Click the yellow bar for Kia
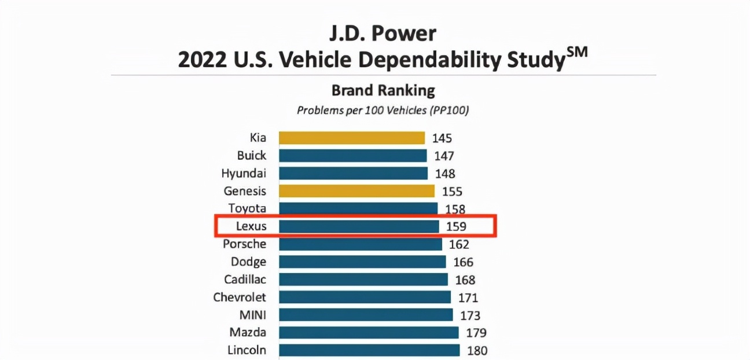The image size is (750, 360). (352, 138)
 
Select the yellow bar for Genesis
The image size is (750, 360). (356, 191)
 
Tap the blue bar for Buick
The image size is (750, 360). (352, 156)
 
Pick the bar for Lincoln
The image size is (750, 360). (369, 350)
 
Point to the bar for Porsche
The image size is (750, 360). (361, 244)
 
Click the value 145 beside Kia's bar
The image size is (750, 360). (442, 138)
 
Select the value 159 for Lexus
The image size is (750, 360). (456, 226)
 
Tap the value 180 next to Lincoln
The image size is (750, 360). (477, 350)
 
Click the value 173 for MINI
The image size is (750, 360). (469, 315)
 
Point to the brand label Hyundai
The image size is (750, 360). (244, 173)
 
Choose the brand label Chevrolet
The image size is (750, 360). (240, 297)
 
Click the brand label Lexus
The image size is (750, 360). (252, 226)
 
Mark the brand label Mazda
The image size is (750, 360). (248, 333)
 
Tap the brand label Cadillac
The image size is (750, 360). (245, 280)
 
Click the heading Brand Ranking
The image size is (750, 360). (383, 90)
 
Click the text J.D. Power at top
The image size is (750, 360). (383, 34)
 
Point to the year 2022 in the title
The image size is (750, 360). (203, 60)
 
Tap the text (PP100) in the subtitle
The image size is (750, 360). (448, 110)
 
